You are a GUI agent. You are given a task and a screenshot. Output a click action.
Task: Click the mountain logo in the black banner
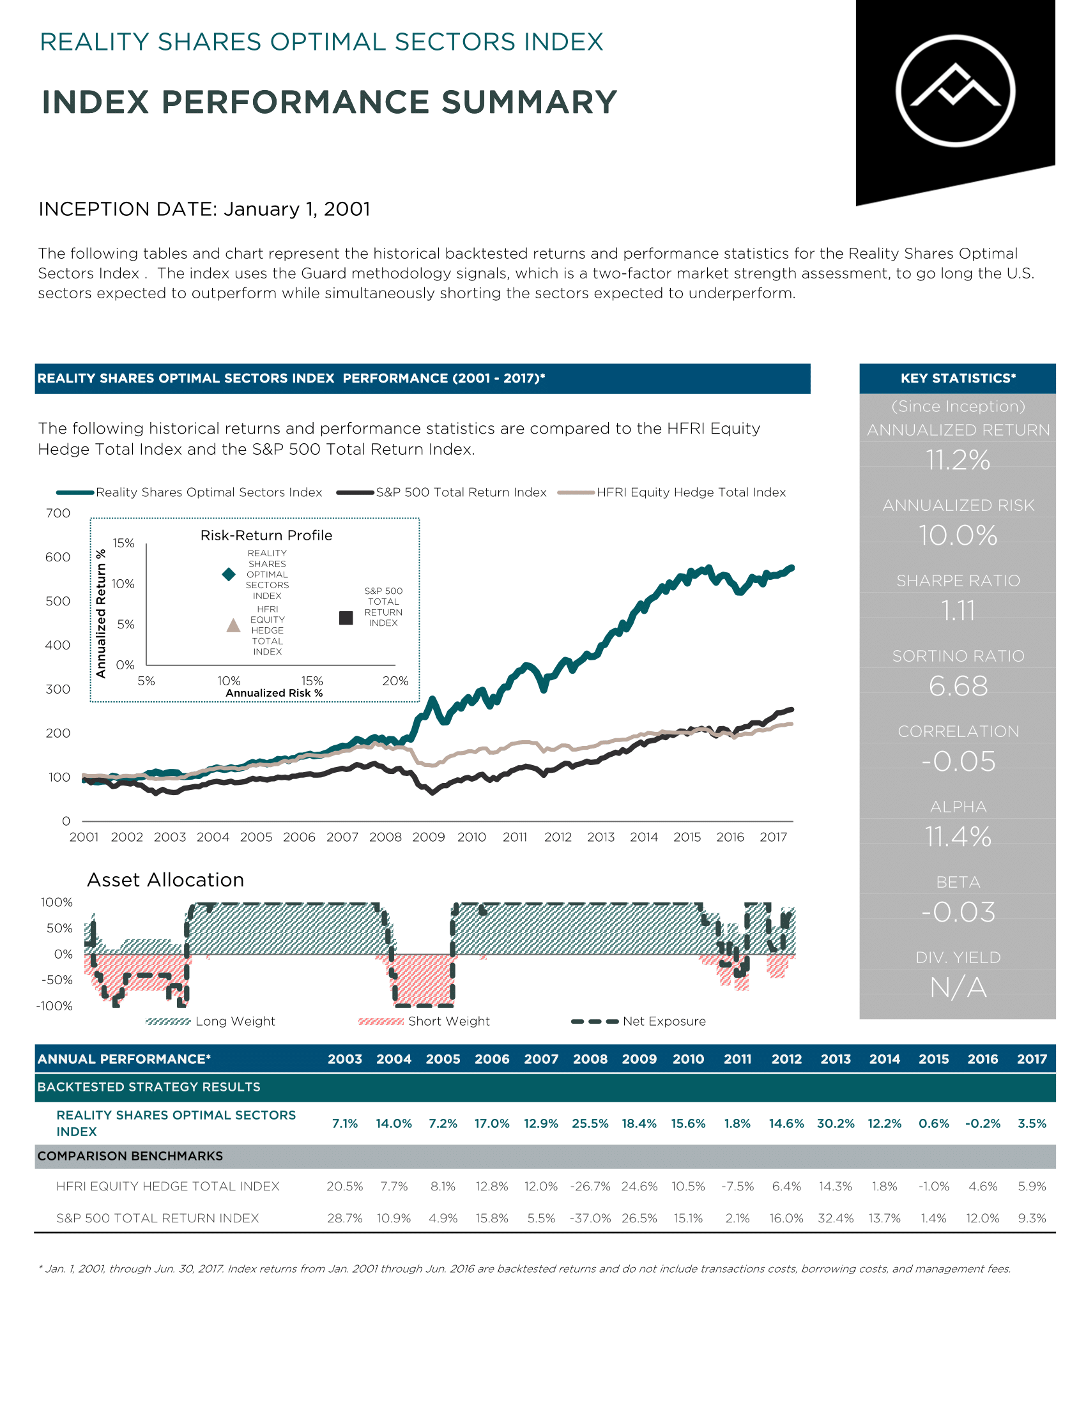tap(956, 91)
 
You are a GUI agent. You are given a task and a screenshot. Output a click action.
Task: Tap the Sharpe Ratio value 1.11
tap(958, 611)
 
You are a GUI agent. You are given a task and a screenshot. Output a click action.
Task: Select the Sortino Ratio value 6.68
tap(958, 686)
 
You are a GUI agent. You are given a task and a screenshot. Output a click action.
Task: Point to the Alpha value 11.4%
tap(958, 837)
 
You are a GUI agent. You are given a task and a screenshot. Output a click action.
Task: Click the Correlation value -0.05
tap(958, 761)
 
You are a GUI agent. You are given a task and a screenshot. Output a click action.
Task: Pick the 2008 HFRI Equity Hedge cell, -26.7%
tap(590, 1187)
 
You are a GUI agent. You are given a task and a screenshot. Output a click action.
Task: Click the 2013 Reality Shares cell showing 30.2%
tap(836, 1123)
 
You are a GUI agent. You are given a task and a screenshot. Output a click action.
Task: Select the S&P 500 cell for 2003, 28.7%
tap(345, 1218)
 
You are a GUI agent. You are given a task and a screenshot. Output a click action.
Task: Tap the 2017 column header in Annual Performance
tap(1032, 1059)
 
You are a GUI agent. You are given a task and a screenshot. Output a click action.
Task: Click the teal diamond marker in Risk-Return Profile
tap(229, 574)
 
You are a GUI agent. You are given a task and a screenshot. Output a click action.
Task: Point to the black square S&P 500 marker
tap(346, 618)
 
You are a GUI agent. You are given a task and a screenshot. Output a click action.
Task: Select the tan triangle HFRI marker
tap(234, 625)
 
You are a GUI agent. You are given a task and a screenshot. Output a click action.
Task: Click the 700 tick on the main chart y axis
tap(58, 513)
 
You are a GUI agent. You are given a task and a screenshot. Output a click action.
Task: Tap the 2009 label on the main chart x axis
tap(429, 837)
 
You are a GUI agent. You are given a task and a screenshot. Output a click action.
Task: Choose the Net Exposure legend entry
tap(638, 1021)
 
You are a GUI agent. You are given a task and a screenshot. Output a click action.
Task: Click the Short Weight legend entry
tap(424, 1021)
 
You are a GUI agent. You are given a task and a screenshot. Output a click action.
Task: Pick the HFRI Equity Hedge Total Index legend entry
tap(671, 492)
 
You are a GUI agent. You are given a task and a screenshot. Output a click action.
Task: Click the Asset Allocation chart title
tap(165, 879)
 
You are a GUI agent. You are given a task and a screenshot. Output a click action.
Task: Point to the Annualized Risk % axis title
tap(274, 693)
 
